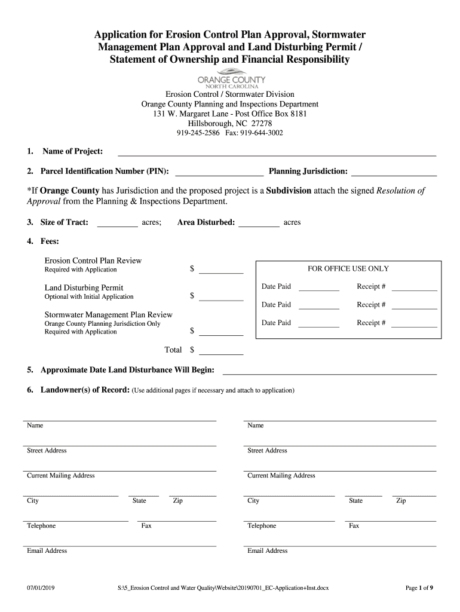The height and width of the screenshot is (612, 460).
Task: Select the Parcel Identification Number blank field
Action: [219, 174]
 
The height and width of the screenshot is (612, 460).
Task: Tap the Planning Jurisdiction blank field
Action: [394, 174]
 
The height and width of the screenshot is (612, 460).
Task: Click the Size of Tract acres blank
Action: [117, 225]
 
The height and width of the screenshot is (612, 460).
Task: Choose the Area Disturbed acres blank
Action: [259, 225]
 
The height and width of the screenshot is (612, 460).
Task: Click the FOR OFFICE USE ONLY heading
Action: [348, 269]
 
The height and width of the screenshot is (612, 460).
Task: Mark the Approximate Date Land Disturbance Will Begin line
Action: [329, 372]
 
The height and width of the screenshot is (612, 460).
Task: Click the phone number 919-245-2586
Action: [198, 133]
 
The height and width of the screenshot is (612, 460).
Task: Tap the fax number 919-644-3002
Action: [262, 133]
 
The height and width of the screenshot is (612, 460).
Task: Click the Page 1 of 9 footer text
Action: [419, 588]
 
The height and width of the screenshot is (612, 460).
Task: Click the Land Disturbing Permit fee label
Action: [84, 287]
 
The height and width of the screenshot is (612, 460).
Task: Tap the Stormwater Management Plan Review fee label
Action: [109, 314]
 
